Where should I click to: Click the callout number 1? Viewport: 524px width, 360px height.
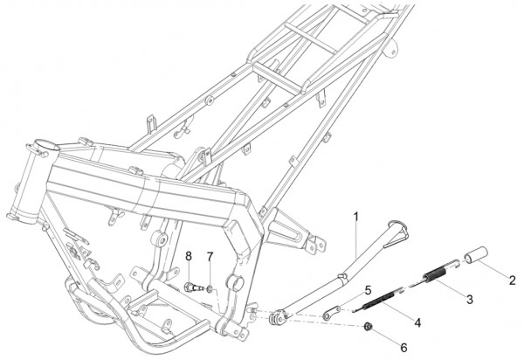click(356, 217)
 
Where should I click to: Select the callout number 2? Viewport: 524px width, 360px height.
click(513, 280)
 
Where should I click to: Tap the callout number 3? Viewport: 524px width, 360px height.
click(470, 299)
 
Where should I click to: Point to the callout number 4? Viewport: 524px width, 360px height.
click(417, 322)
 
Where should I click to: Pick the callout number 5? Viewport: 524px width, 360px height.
click(368, 290)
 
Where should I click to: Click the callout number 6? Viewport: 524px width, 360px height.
click(403, 348)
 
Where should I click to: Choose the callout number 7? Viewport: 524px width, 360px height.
click(210, 257)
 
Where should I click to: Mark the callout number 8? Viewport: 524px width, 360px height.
click(189, 256)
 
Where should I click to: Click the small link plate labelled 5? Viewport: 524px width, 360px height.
click(332, 313)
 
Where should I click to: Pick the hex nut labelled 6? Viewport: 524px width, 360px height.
click(368, 326)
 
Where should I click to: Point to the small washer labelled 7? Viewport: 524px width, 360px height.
click(210, 288)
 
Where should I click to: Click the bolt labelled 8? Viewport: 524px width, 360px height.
click(194, 287)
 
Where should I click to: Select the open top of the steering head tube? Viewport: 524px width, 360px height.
click(46, 146)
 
